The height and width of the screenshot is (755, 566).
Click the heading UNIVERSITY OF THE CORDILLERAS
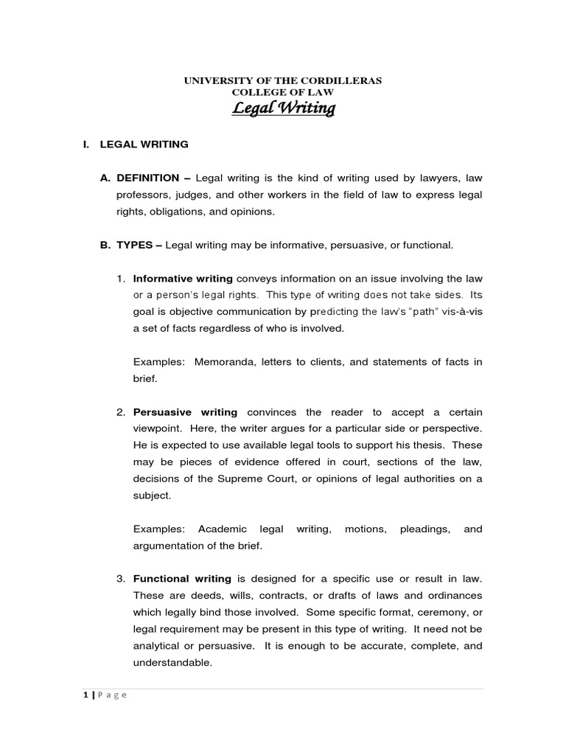click(283, 80)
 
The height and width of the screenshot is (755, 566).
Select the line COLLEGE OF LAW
click(283, 92)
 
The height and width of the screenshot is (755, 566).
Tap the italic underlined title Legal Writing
click(284, 109)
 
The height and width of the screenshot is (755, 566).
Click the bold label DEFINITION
click(147, 178)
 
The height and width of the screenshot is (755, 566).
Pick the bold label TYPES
click(136, 245)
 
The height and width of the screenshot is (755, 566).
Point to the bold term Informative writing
click(183, 278)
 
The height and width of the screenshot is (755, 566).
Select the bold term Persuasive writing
click(185, 412)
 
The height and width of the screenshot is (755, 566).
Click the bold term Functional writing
click(182, 579)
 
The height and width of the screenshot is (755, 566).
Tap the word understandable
click(172, 662)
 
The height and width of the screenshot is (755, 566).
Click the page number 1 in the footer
click(85, 695)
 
